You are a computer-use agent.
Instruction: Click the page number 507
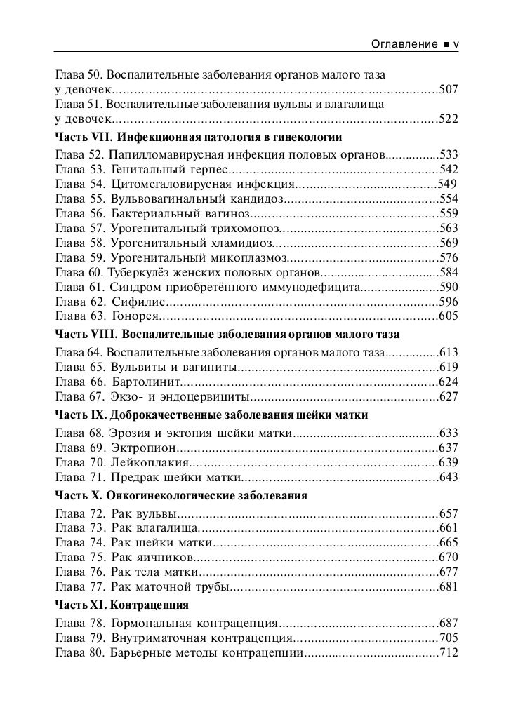point(448,89)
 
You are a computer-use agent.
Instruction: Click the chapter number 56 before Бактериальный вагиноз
point(96,213)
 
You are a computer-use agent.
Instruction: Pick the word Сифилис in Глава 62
point(138,302)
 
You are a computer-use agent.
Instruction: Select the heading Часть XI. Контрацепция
point(121,604)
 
